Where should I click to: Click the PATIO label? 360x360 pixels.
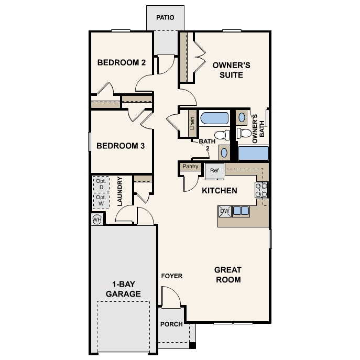(165, 17)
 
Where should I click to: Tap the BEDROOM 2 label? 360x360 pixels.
(122, 62)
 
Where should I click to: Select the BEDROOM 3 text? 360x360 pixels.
(121, 146)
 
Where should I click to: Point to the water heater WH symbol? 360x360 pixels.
(97, 220)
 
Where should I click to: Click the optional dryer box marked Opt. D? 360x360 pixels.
(101, 184)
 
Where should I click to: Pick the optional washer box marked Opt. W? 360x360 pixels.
(101, 201)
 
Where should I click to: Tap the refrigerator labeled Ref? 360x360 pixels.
(214, 171)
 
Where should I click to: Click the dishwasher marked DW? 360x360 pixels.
(225, 212)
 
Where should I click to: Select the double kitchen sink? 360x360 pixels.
(241, 211)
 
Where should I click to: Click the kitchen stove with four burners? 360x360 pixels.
(261, 190)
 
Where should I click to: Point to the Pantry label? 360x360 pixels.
(191, 166)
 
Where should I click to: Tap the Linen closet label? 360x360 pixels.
(192, 123)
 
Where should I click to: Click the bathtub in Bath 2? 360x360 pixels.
(214, 118)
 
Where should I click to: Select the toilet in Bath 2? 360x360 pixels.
(222, 135)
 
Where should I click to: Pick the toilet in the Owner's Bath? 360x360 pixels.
(244, 133)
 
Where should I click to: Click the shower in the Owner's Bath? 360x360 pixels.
(254, 153)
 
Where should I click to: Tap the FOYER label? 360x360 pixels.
(172, 276)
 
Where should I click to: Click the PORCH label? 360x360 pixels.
(171, 324)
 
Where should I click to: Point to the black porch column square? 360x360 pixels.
(193, 345)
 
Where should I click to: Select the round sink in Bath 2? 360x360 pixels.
(224, 152)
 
